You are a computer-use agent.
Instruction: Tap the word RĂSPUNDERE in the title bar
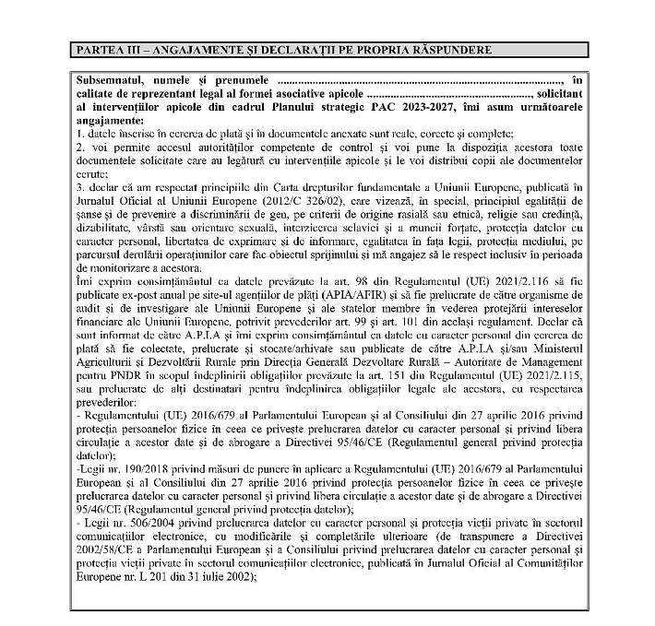[447, 48]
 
